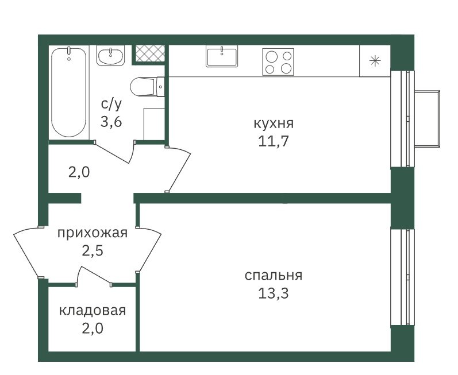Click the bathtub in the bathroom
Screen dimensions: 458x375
pyautogui.click(x=69, y=92)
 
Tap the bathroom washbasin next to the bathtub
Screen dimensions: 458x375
pyautogui.click(x=110, y=56)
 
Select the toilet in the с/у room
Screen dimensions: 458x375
pyautogui.click(x=147, y=87)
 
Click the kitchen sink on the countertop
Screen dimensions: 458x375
pyautogui.click(x=222, y=57)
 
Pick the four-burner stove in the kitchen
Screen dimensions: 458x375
pyautogui.click(x=278, y=62)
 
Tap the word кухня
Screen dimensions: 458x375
pyautogui.click(x=274, y=123)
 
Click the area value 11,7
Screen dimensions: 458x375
pyautogui.click(x=274, y=141)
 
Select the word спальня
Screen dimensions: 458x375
pyautogui.click(x=274, y=276)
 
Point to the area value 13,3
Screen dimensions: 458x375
pyautogui.click(x=274, y=293)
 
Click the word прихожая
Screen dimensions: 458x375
pyautogui.click(x=93, y=233)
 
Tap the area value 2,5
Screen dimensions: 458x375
pyautogui.click(x=93, y=251)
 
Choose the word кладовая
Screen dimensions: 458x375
pyautogui.click(x=93, y=311)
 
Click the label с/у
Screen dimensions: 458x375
pyautogui.click(x=111, y=104)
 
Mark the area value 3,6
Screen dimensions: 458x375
pyautogui.click(x=111, y=122)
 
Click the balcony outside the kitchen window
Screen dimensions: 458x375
pyautogui.click(x=428, y=118)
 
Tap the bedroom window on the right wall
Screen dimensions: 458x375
pyautogui.click(x=402, y=277)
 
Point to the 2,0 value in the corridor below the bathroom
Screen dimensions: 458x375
pyautogui.click(x=79, y=172)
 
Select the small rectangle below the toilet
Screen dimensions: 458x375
pyautogui.click(x=154, y=124)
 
